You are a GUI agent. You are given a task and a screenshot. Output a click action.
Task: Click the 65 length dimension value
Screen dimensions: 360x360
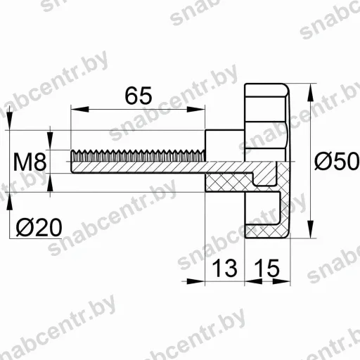coord(139,96)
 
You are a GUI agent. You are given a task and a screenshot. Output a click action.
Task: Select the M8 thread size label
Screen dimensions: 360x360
coord(30,162)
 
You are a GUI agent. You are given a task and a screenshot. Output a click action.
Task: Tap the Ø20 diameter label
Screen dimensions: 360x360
coord(39,227)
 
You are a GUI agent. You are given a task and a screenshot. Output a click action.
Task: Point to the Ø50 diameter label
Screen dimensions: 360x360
coord(337,161)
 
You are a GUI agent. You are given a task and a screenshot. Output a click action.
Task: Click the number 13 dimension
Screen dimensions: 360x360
coord(224,268)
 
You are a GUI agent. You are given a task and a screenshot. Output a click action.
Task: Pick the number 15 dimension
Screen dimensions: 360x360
coord(266,268)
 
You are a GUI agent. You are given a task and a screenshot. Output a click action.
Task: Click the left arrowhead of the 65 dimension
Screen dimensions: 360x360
coord(79,109)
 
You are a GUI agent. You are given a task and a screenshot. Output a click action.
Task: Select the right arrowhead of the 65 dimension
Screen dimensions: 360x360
coord(196,109)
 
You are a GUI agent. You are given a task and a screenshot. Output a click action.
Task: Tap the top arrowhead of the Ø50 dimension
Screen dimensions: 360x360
coord(310,93)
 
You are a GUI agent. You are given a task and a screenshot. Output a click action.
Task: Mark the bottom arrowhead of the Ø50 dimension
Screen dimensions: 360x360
coord(310,229)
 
